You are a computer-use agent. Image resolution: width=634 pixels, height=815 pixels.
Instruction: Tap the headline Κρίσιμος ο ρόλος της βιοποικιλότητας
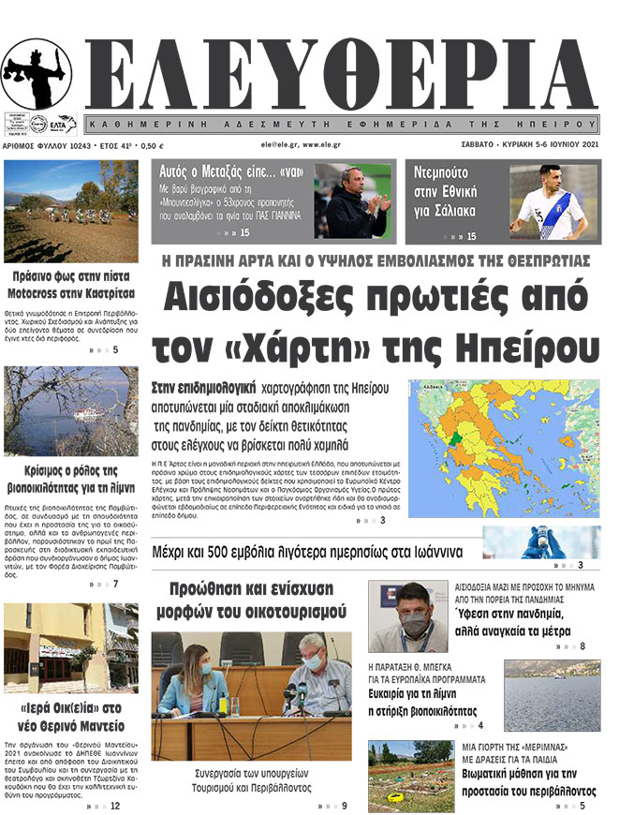pyautogui.click(x=71, y=479)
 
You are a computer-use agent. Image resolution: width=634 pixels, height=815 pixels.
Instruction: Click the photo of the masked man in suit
pyautogui.click(x=408, y=615)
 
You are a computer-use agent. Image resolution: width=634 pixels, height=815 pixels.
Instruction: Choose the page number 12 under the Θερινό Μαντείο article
pyautogui.click(x=114, y=806)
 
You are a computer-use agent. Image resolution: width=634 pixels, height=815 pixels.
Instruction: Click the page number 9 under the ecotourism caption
pyautogui.click(x=344, y=806)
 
